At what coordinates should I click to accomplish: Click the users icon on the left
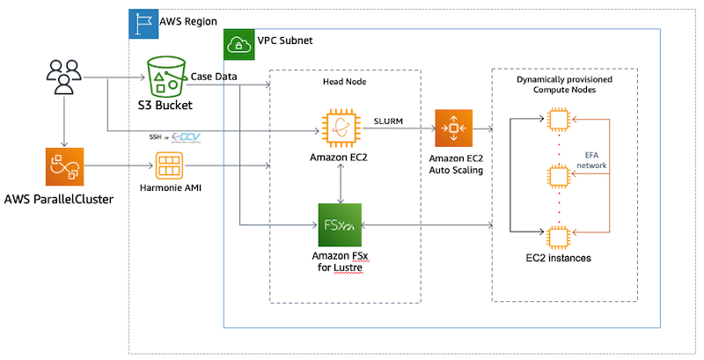point(62,77)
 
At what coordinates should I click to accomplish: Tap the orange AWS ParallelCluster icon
point(62,167)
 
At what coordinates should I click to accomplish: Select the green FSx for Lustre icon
point(340,225)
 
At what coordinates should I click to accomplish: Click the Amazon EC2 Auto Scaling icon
point(454,129)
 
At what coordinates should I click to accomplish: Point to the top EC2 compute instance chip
point(556,118)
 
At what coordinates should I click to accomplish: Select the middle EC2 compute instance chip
point(556,175)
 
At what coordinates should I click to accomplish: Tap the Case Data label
point(216,76)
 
